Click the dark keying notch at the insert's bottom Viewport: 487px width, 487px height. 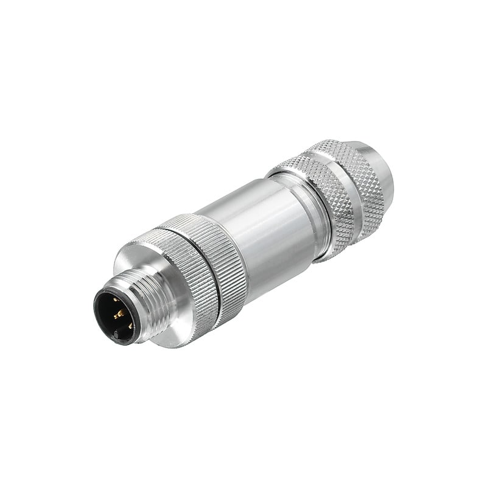[x=116, y=335]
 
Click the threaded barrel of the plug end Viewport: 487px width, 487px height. [x=146, y=304]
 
